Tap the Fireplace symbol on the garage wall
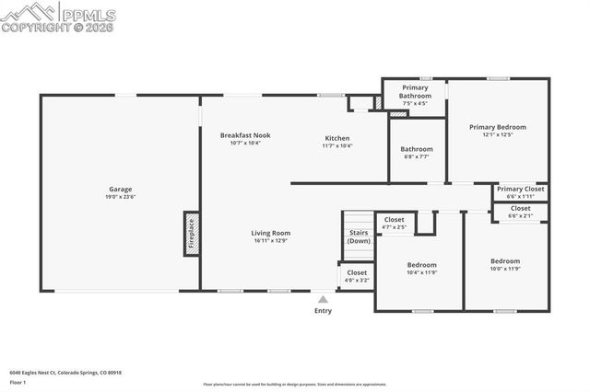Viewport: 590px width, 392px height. pyautogui.click(x=192, y=234)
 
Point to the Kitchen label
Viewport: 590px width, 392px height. pyautogui.click(x=336, y=142)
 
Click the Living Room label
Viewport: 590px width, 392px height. pyautogui.click(x=271, y=236)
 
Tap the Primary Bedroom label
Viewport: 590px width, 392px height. pyautogui.click(x=497, y=131)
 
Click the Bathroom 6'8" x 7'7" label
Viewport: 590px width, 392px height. pyautogui.click(x=417, y=152)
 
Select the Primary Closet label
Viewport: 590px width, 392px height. pyautogui.click(x=521, y=192)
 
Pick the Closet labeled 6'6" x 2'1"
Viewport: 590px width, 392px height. pyautogui.click(x=521, y=212)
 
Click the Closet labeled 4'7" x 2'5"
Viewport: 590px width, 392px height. pyautogui.click(x=394, y=223)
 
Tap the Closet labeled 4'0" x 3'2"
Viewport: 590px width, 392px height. pyautogui.click(x=357, y=276)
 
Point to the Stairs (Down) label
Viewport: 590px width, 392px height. pyautogui.click(x=360, y=236)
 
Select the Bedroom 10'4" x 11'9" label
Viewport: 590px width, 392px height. pyautogui.click(x=422, y=268)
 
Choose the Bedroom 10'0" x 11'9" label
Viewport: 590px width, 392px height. pyautogui.click(x=505, y=264)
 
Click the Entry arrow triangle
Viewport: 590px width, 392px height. pyautogui.click(x=323, y=298)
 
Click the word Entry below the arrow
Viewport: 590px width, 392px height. pyautogui.click(x=323, y=311)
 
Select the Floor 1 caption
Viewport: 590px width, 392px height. pyautogui.click(x=18, y=382)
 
